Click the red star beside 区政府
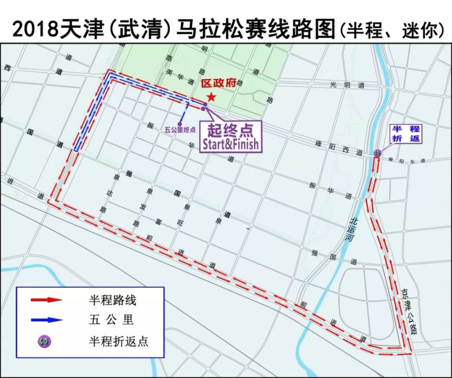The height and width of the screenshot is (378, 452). coord(211,97)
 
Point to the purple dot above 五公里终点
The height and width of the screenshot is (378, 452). coord(180,123)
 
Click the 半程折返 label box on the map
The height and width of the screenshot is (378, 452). coord(406,134)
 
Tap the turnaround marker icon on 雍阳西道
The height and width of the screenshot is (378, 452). coord(377,153)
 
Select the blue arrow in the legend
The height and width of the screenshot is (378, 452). coord(46,320)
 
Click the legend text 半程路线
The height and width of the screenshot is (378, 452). coord(113,299)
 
